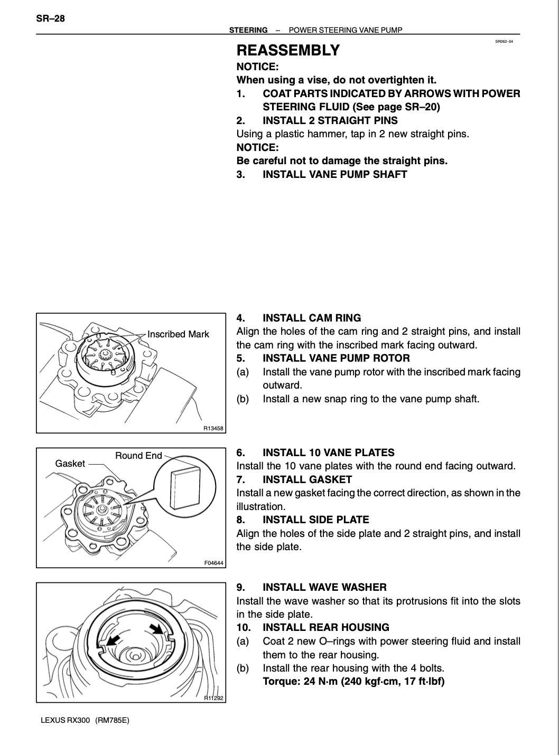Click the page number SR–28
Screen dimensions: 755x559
[51, 19]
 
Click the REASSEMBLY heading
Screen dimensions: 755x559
[288, 51]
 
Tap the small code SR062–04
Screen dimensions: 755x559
[504, 41]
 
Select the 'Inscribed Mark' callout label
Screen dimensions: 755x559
[178, 334]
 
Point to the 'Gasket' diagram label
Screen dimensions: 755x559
[70, 464]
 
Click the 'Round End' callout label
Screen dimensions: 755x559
[138, 456]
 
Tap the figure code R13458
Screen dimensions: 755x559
[214, 429]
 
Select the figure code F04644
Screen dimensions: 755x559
[214, 563]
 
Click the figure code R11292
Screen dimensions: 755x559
[214, 698]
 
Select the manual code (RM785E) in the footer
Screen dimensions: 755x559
[112, 720]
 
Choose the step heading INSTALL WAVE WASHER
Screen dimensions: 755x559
[324, 587]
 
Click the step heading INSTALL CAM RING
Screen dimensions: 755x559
[312, 318]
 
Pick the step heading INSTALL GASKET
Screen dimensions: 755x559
[307, 479]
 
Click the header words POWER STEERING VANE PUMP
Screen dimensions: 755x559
[346, 30]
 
